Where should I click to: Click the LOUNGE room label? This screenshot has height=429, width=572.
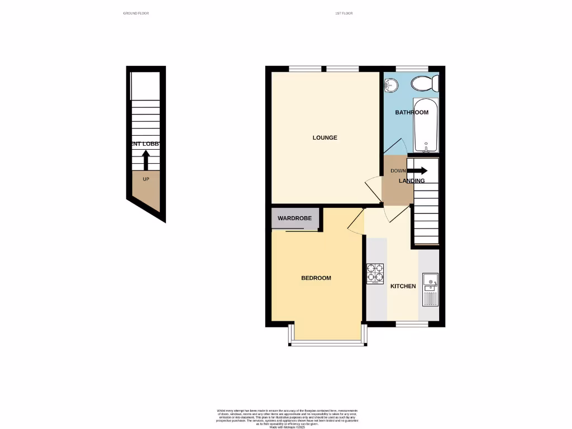click(325, 137)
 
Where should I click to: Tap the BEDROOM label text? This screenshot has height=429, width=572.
click(316, 278)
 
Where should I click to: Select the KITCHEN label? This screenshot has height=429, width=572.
click(403, 287)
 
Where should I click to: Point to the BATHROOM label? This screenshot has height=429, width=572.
click(412, 112)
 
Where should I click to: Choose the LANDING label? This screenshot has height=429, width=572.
click(412, 181)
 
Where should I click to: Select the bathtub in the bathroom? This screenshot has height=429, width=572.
click(426, 125)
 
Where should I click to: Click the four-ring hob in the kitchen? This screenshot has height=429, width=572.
click(375, 273)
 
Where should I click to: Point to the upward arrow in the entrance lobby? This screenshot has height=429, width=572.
click(146, 161)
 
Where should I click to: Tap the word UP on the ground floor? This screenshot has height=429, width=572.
click(146, 179)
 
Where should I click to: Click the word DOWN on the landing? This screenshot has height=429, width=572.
click(398, 171)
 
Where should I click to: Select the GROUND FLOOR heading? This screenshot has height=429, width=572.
click(136, 13)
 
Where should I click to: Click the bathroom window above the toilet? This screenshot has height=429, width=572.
click(412, 69)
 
